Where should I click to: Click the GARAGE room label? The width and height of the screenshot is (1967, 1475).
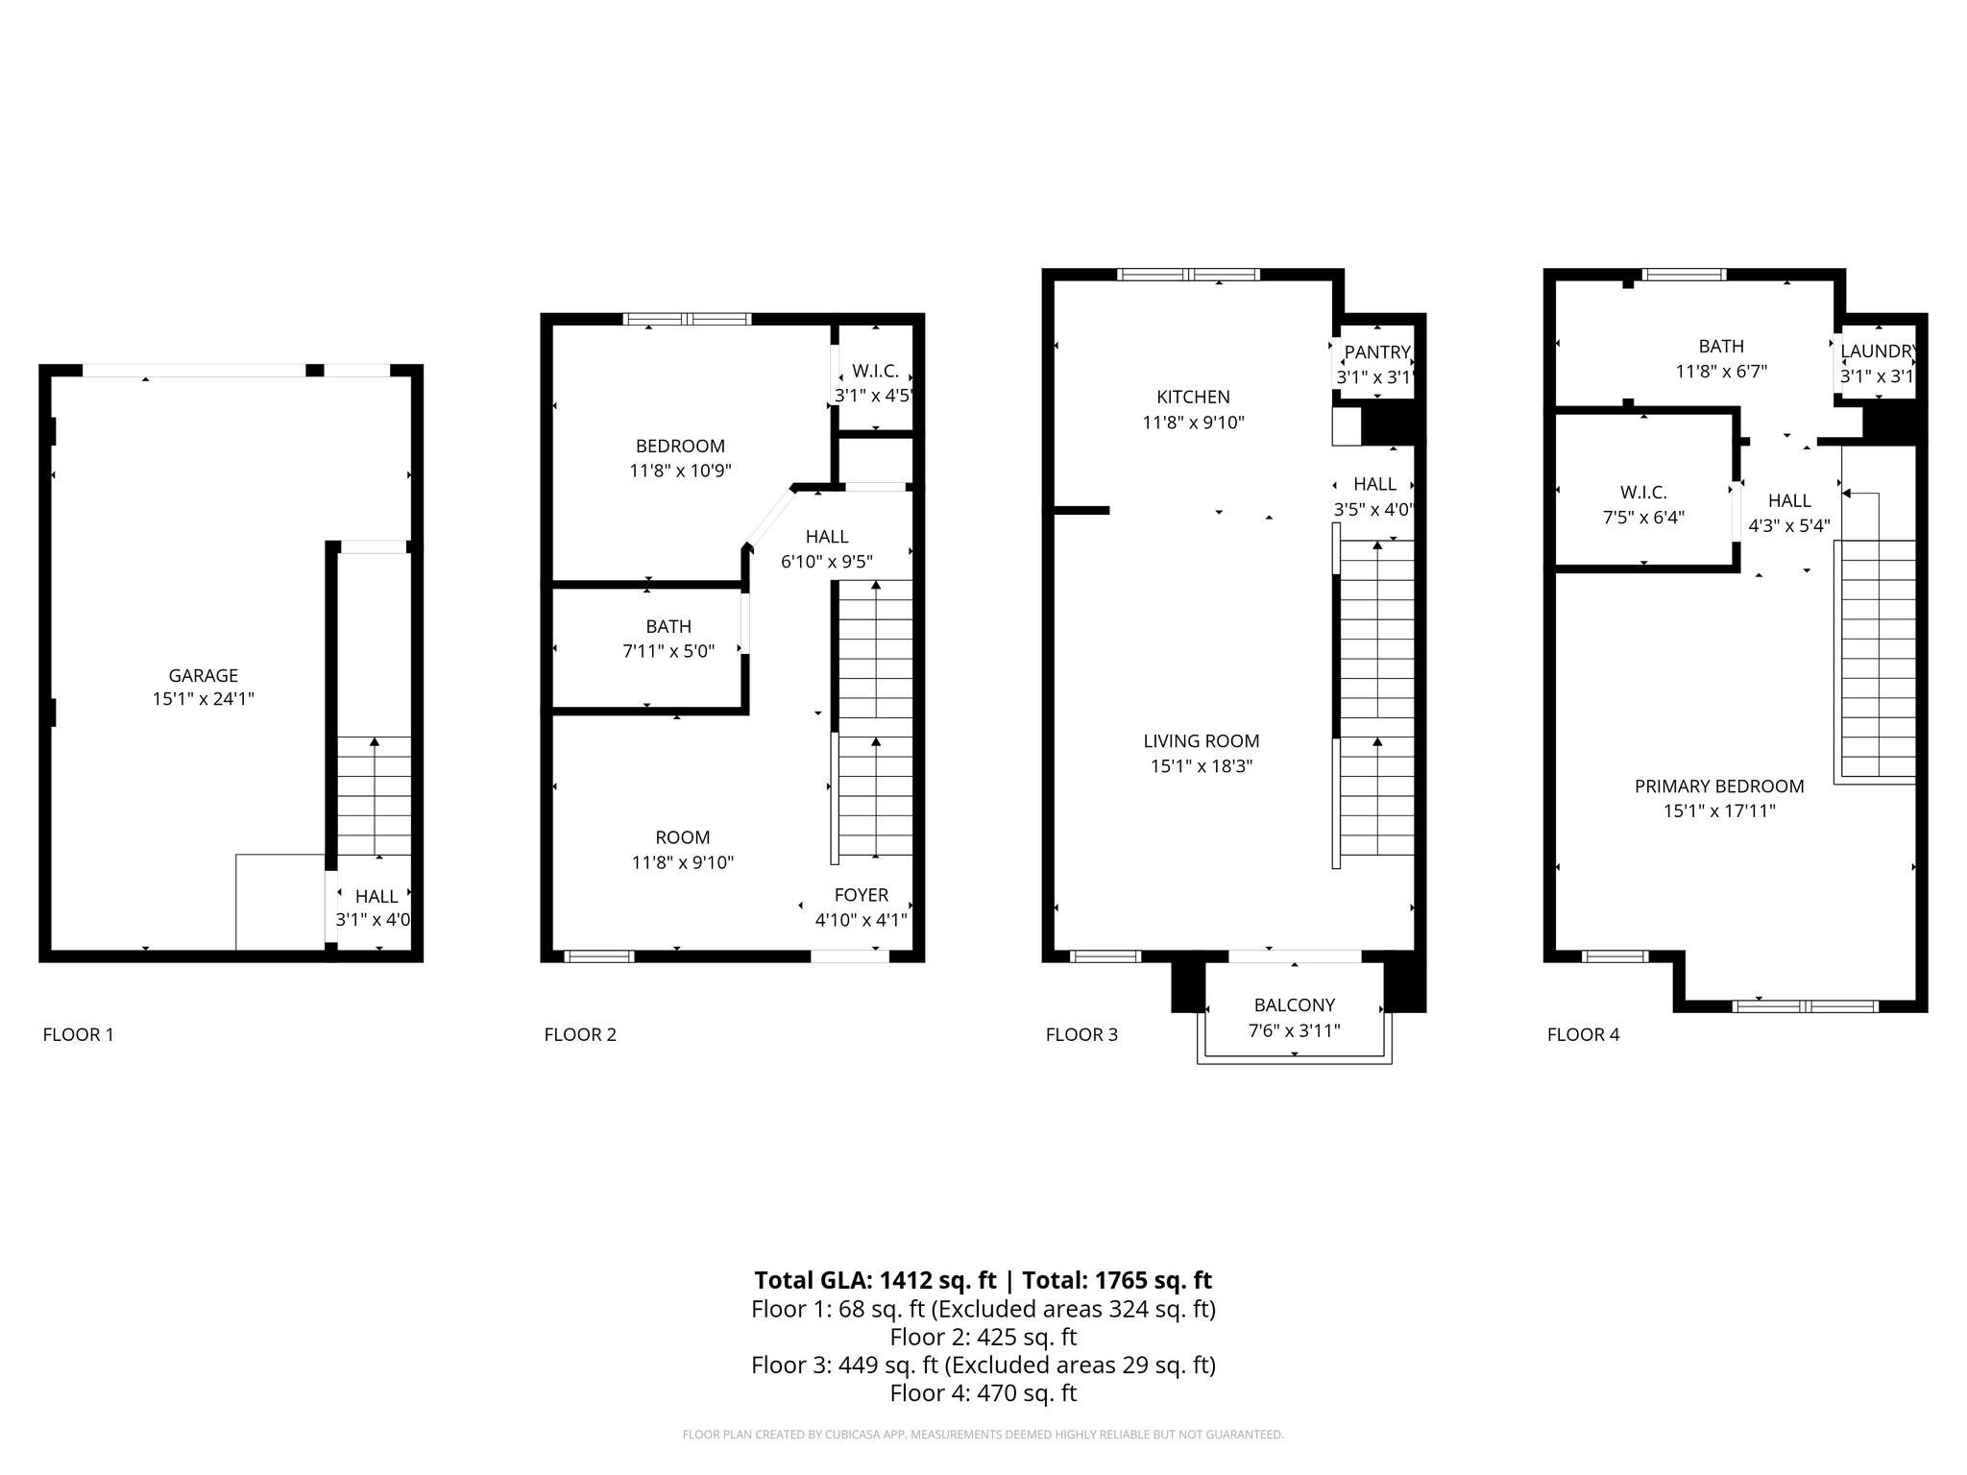tap(203, 675)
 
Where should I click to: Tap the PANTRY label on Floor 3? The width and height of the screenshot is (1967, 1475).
tap(1376, 352)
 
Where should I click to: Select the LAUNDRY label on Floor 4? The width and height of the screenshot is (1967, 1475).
tap(1877, 351)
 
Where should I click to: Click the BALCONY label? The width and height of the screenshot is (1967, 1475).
tap(1294, 1005)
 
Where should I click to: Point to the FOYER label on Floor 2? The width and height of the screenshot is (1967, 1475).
tap(861, 895)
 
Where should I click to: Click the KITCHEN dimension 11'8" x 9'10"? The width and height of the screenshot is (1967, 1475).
tap(1193, 423)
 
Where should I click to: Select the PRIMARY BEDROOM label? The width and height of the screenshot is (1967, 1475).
tap(1718, 786)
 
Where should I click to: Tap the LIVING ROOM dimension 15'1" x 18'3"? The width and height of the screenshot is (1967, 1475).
tap(1201, 766)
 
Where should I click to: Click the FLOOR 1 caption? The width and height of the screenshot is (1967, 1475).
tap(79, 1034)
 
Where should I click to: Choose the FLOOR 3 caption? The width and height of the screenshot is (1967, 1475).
tap(1081, 1034)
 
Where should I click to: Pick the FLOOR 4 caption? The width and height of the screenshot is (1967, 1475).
tap(1583, 1034)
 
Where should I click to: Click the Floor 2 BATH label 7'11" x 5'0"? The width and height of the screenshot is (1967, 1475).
tap(668, 627)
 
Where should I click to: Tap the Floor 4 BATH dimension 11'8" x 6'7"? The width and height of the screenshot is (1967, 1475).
tap(1721, 372)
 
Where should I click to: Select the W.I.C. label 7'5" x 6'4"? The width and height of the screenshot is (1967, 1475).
tap(1642, 493)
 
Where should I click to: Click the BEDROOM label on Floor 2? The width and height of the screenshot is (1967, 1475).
tap(680, 447)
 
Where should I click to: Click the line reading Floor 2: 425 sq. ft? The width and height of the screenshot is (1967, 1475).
tap(983, 1337)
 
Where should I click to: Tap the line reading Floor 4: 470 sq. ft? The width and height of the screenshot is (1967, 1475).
tap(983, 1392)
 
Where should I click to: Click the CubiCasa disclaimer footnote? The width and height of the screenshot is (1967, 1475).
tap(983, 1435)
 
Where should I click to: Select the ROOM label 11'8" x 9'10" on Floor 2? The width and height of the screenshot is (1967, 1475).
tap(682, 837)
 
